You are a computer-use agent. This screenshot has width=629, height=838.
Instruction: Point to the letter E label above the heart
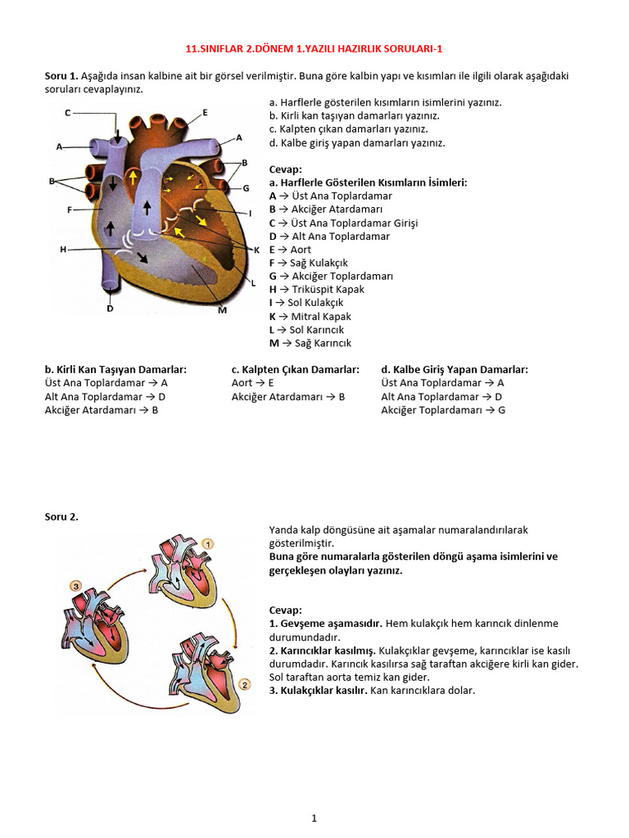(205, 112)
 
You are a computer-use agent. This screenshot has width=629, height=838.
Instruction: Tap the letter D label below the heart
(109, 309)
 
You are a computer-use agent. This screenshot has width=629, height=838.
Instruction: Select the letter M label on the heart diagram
(222, 310)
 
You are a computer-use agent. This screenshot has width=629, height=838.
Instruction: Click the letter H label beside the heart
(63, 249)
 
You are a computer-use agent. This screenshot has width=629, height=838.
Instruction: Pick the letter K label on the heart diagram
(256, 250)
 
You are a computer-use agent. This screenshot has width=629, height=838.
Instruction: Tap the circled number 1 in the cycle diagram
(208, 543)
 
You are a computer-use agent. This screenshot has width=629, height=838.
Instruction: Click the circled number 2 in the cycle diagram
(243, 684)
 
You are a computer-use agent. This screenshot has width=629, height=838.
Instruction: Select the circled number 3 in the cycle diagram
(75, 586)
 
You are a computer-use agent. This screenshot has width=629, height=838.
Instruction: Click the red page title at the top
(314, 48)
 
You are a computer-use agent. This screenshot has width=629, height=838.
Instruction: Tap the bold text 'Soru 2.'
(61, 516)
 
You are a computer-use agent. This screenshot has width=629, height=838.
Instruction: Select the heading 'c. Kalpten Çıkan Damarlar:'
(295, 369)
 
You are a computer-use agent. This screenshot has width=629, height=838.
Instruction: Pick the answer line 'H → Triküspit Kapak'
(316, 289)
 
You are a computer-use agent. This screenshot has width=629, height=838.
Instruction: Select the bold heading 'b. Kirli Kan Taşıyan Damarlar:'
(115, 369)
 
